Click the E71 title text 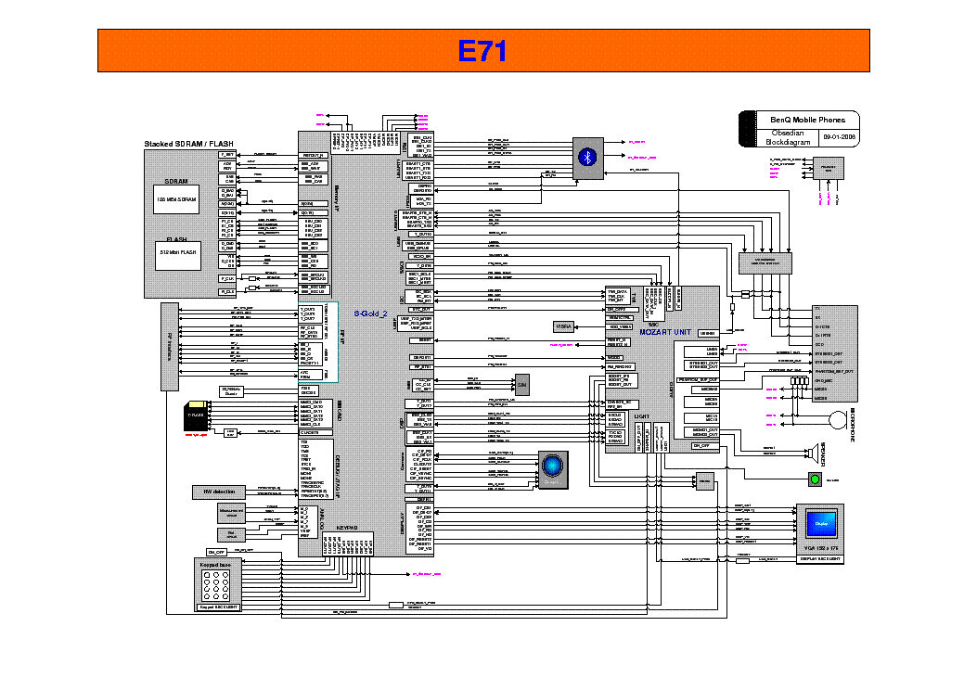[483, 51]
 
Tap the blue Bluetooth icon [586, 156]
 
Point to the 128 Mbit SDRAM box [175, 199]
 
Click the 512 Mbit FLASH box [175, 252]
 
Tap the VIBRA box [564, 326]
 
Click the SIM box [522, 384]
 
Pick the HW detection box [219, 492]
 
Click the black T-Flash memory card [196, 413]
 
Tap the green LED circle [815, 479]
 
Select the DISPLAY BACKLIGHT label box [820, 559]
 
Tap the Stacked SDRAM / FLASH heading [188, 144]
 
